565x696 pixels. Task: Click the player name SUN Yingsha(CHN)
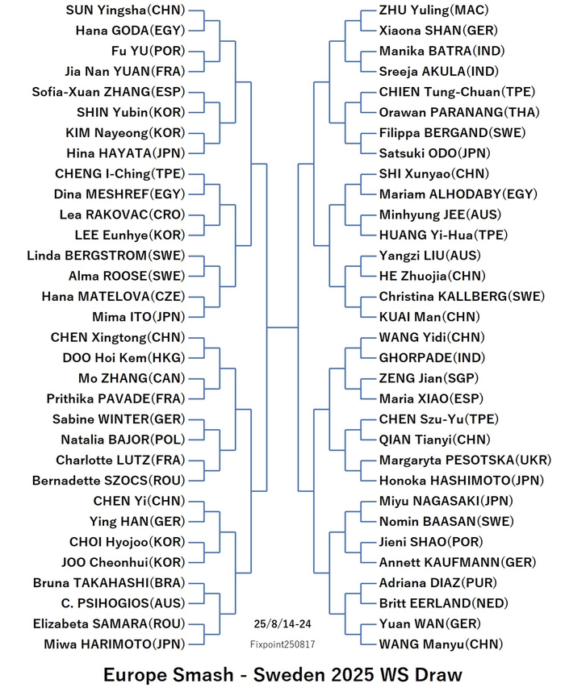tap(125, 10)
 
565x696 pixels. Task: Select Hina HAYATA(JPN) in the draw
tap(126, 153)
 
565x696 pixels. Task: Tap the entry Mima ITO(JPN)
tap(139, 317)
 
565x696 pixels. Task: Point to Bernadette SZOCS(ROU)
tap(108, 481)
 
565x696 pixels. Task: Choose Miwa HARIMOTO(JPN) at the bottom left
tap(114, 644)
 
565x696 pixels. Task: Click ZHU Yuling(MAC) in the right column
tap(434, 10)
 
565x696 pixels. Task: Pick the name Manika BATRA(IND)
tap(442, 51)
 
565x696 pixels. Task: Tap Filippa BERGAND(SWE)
tap(452, 133)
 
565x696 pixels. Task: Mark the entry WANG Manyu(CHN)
tap(441, 644)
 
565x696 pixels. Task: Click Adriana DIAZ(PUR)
tap(438, 583)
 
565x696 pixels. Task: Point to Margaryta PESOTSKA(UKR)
tap(465, 461)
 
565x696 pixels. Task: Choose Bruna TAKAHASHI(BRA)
tap(109, 583)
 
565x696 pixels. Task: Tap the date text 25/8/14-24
tap(282, 624)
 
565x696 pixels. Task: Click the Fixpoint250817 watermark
tap(282, 644)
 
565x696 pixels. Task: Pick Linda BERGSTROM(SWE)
tap(106, 256)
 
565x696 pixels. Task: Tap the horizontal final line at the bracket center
tap(282, 327)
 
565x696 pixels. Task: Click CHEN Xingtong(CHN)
tap(118, 337)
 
